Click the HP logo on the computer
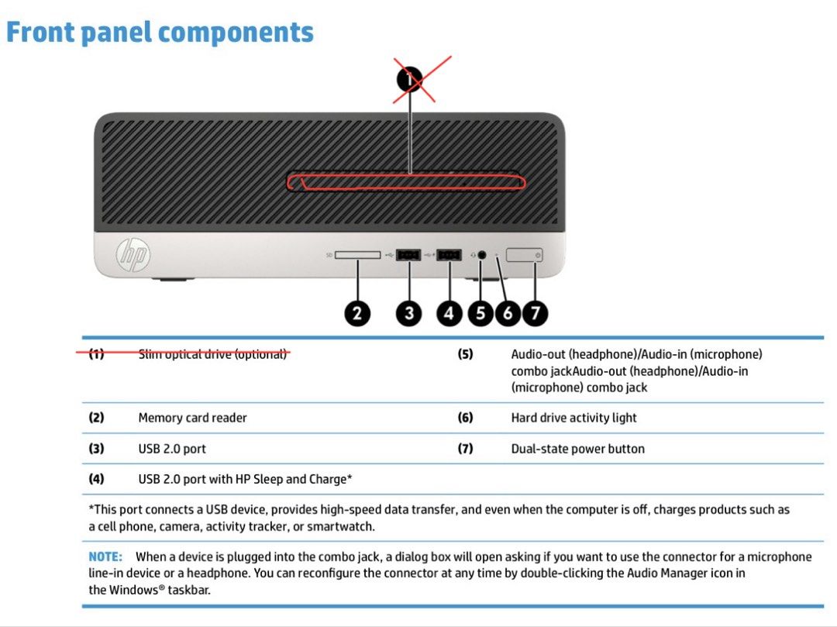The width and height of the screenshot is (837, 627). pyautogui.click(x=133, y=255)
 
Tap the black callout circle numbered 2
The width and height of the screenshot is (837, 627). pyautogui.click(x=357, y=313)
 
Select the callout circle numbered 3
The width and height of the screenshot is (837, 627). pyautogui.click(x=409, y=313)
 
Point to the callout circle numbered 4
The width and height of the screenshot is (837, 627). pyautogui.click(x=449, y=313)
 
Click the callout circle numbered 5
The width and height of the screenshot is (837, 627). pyautogui.click(x=480, y=313)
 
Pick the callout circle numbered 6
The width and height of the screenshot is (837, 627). pyautogui.click(x=508, y=313)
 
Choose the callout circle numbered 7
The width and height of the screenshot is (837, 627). pyautogui.click(x=535, y=313)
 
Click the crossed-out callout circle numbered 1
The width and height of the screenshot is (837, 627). pyautogui.click(x=410, y=80)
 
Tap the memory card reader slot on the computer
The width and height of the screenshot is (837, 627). pyautogui.click(x=357, y=255)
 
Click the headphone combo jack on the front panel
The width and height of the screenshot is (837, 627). pyautogui.click(x=481, y=255)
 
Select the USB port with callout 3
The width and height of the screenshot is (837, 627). pyautogui.click(x=409, y=255)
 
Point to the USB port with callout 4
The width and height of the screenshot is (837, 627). pyautogui.click(x=449, y=255)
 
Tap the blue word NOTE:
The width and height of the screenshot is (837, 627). pyautogui.click(x=105, y=556)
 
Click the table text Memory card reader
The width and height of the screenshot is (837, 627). pyautogui.click(x=193, y=418)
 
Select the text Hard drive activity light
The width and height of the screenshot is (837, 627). pyautogui.click(x=573, y=418)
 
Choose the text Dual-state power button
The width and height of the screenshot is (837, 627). pyautogui.click(x=577, y=449)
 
